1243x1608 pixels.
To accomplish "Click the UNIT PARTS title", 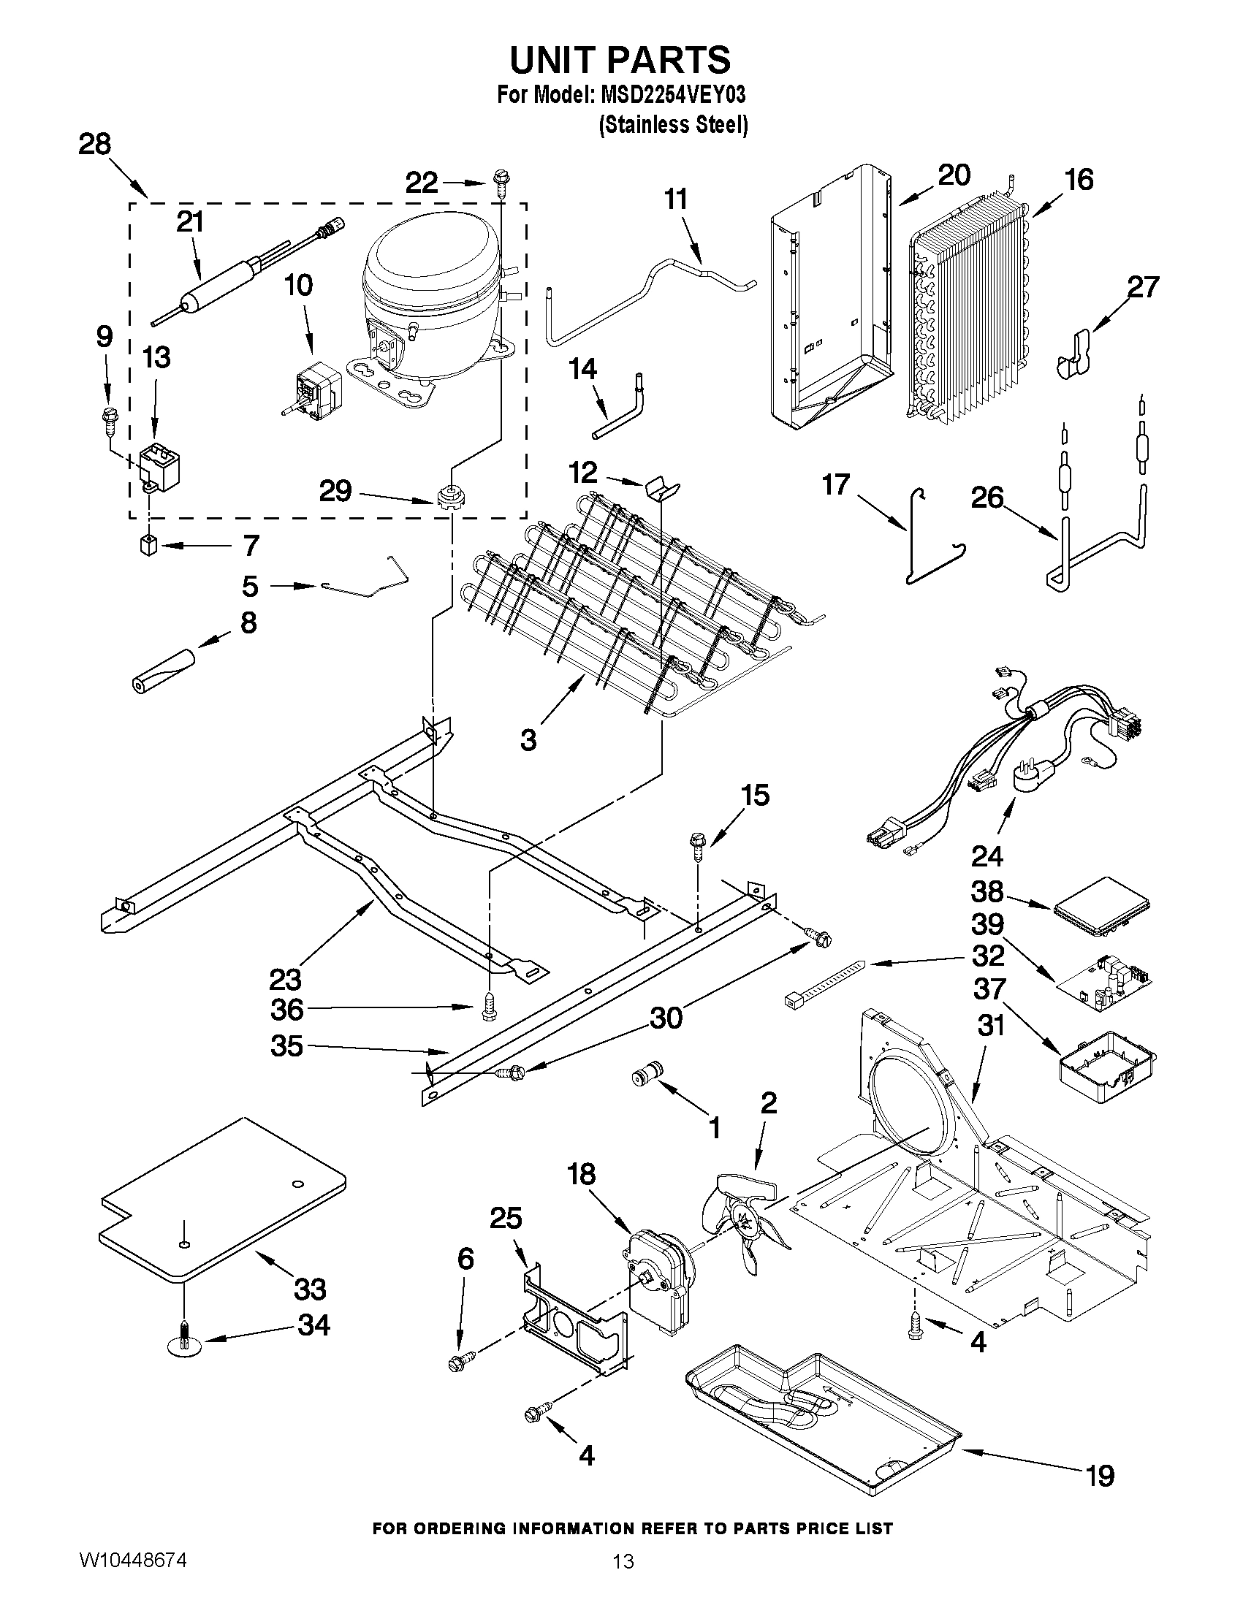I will (x=620, y=61).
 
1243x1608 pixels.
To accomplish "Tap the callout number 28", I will (x=94, y=144).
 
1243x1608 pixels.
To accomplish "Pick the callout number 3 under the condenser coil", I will (x=528, y=739).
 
